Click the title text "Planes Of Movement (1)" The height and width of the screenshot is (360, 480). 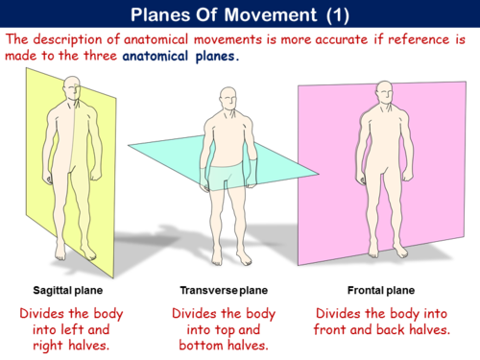click(x=239, y=13)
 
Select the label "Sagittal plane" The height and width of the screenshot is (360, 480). click(x=68, y=289)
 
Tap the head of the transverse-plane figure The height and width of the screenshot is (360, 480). click(x=227, y=100)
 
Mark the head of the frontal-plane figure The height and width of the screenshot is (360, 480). click(x=385, y=92)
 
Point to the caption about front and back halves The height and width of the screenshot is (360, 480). click(x=381, y=322)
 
